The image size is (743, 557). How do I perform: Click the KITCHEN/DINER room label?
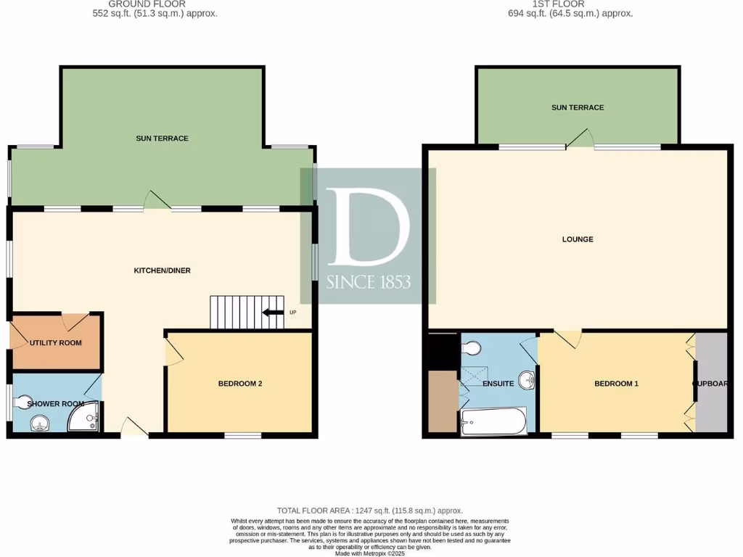click(162, 271)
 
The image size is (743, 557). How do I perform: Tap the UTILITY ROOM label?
click(55, 343)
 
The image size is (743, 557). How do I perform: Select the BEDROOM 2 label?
click(240, 384)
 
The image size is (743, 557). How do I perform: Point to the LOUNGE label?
click(578, 239)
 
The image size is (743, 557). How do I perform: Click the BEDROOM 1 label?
click(616, 384)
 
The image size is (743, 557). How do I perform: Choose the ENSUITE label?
click(498, 384)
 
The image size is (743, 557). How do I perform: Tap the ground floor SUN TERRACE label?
click(162, 138)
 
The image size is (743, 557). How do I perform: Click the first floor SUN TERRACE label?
click(578, 107)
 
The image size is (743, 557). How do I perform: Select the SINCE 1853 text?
click(368, 281)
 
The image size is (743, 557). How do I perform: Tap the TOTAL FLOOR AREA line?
click(369, 511)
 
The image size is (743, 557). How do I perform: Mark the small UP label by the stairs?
click(292, 313)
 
